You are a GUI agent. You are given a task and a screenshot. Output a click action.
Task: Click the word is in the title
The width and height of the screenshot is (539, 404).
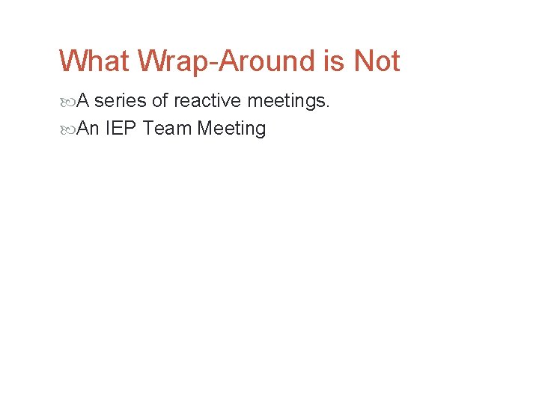point(334,61)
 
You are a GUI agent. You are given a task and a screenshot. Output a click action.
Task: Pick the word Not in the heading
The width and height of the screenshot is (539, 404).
point(377,61)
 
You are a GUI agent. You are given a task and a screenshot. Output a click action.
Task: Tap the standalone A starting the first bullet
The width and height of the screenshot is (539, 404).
point(84,100)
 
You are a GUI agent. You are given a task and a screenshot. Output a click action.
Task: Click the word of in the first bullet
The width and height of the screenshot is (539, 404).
point(160,100)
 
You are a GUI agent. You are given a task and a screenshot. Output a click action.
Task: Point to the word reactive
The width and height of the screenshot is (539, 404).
point(207,100)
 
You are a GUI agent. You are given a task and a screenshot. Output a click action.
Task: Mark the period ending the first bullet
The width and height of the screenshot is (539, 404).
point(328,106)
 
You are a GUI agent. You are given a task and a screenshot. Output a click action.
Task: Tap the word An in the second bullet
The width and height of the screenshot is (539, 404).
point(88,129)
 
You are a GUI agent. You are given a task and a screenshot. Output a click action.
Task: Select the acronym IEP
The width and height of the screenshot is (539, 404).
point(121,129)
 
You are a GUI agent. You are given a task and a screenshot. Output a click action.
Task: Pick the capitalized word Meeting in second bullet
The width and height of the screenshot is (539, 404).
point(231,129)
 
